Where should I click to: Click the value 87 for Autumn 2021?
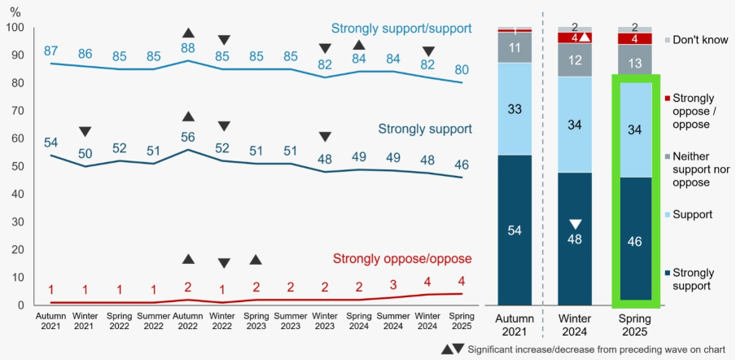[50, 50]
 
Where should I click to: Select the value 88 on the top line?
[188, 48]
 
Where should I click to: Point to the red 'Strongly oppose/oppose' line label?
[402, 259]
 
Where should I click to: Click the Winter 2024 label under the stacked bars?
[574, 325]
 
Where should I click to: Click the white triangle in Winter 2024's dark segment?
[576, 225]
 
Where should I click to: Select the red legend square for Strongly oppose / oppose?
[668, 99]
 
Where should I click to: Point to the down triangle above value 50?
[85, 132]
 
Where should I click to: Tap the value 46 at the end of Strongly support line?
[462, 164]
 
